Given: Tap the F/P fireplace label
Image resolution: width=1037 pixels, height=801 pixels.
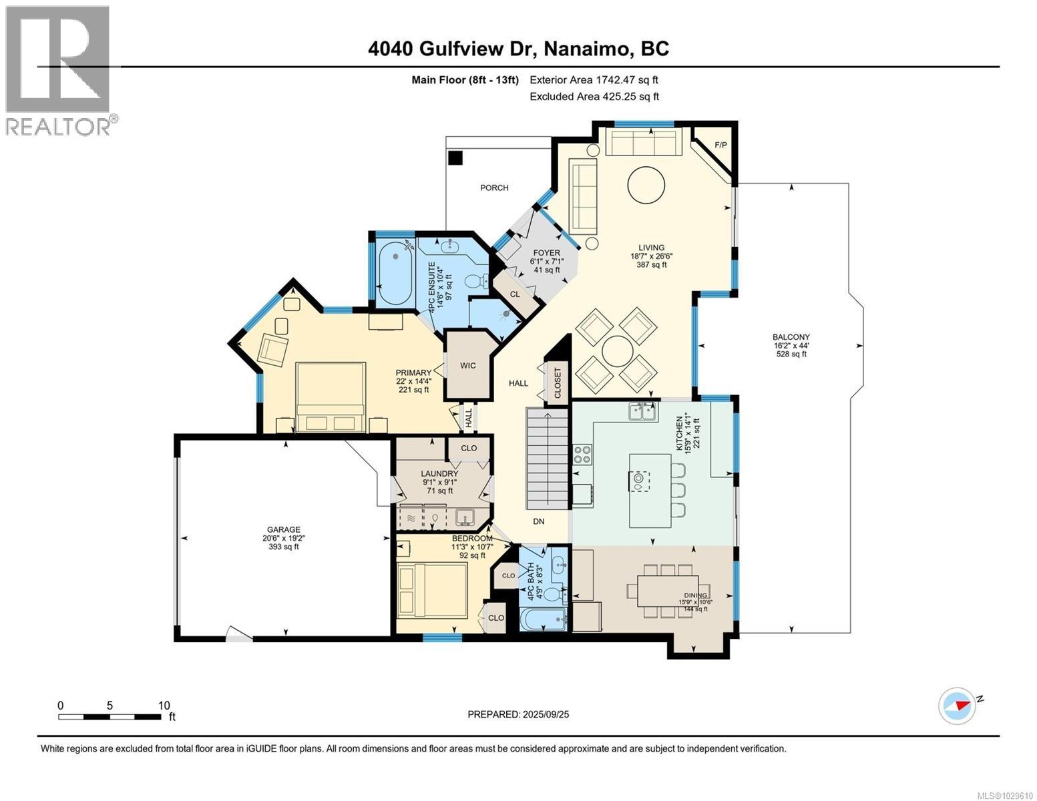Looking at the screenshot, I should [x=720, y=145].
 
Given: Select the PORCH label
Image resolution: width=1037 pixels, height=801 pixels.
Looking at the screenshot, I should [x=494, y=188].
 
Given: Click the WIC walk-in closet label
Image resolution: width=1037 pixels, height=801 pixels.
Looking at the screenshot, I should [x=468, y=365].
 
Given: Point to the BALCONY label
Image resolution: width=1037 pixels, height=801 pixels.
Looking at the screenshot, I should [x=791, y=337].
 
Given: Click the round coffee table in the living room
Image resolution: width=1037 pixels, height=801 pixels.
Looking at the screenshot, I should [x=646, y=184].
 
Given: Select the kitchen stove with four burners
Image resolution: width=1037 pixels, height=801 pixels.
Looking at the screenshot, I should [x=583, y=454].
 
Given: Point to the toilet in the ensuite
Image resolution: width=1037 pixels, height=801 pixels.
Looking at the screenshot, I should [x=477, y=281].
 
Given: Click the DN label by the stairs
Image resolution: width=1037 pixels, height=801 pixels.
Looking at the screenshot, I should [x=540, y=521].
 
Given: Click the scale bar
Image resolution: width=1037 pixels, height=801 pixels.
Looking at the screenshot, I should [x=110, y=717].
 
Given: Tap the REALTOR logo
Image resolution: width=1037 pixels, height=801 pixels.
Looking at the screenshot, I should [x=59, y=70].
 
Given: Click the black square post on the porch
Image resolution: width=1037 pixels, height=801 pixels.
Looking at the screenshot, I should [x=455, y=158].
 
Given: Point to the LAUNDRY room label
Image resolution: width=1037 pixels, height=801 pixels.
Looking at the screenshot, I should [x=439, y=474].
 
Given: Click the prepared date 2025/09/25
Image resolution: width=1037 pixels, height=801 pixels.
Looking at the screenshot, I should [x=518, y=714].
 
